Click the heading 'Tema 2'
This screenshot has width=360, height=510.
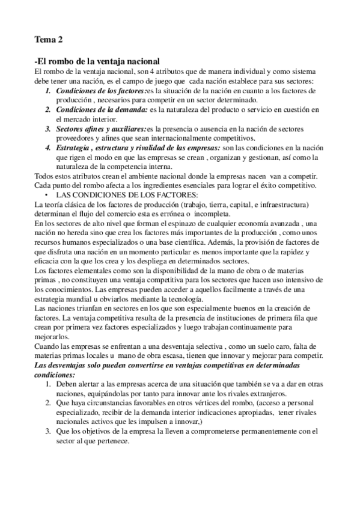(49, 40)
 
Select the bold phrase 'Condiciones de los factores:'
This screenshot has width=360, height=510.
(100, 91)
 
